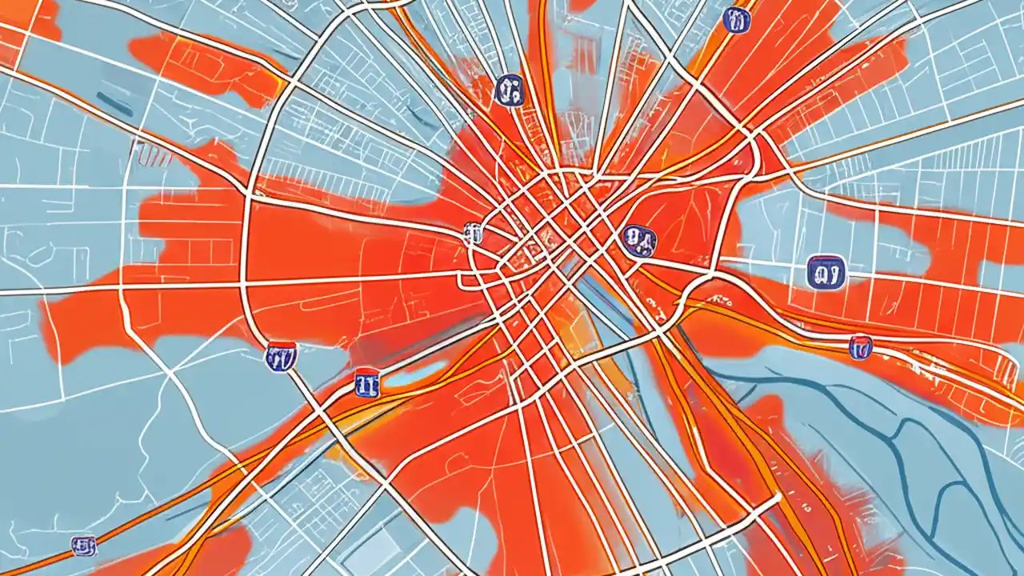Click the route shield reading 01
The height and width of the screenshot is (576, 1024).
(x=826, y=271)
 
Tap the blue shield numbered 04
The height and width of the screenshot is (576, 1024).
(x=638, y=238)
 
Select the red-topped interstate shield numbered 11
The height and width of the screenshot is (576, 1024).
(x=366, y=382)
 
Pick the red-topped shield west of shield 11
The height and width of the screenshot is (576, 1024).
(x=280, y=356)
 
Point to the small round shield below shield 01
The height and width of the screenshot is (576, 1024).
(x=860, y=347)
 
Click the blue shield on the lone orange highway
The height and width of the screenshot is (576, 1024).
(x=83, y=546)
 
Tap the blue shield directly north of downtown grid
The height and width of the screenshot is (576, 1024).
(x=509, y=90)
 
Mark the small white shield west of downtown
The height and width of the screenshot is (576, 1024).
(x=473, y=233)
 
